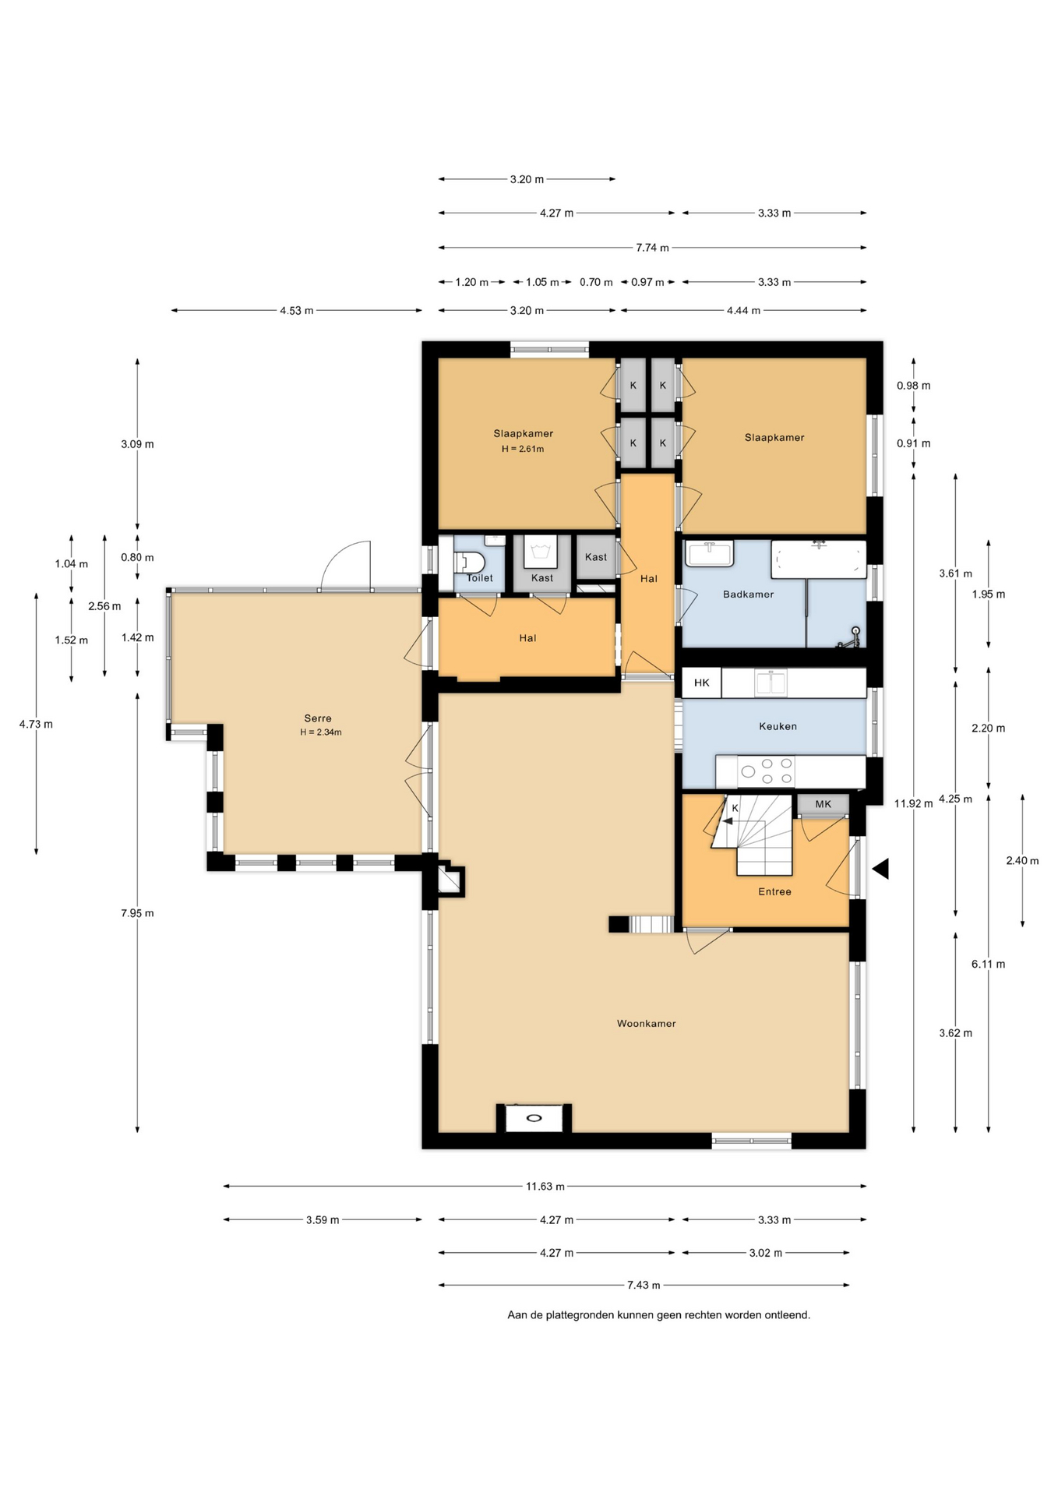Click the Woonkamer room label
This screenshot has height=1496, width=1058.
point(646,1023)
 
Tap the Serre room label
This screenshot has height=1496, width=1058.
point(318,718)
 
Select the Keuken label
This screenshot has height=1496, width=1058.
point(778,726)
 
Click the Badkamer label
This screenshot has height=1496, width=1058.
point(748,594)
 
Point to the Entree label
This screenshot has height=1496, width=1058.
point(774,891)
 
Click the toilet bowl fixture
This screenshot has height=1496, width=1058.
point(470,562)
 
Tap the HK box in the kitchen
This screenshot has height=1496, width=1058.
point(702,683)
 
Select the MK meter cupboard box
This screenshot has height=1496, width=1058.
point(823,804)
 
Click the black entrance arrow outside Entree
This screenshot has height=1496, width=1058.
point(881,868)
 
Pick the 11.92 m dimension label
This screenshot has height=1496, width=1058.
point(913,803)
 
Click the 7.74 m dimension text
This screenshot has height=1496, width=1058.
point(652,248)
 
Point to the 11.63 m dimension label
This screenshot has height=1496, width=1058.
point(545,1186)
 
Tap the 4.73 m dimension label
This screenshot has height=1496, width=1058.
point(36,724)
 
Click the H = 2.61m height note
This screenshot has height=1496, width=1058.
point(523,449)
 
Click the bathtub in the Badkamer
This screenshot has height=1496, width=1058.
point(819,559)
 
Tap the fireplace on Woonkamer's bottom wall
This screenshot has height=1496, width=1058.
point(534,1118)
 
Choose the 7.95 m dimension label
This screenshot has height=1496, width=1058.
point(137,913)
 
